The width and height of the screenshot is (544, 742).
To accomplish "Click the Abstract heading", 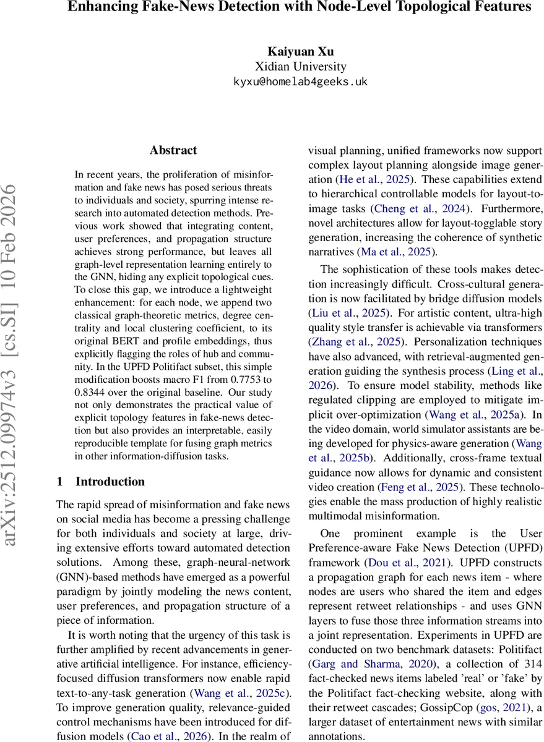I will tap(173, 150).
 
